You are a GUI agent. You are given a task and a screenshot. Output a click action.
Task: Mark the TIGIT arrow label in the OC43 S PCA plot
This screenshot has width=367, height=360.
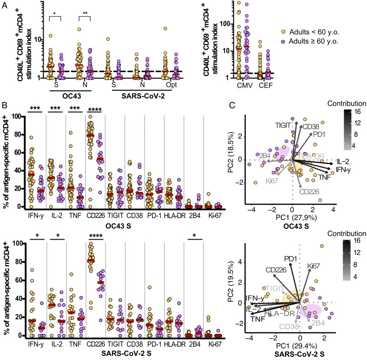tap(283, 124)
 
